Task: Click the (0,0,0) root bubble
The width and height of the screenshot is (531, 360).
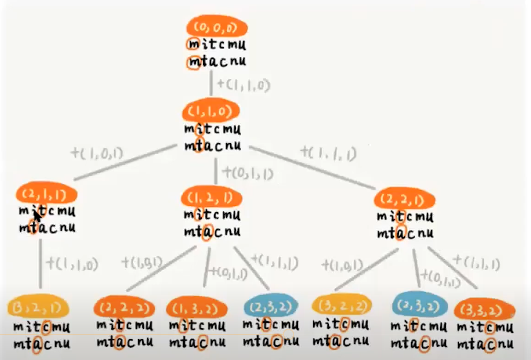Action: (216, 28)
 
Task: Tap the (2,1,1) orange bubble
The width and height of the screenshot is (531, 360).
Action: (46, 195)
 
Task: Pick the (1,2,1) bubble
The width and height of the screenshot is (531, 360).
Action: (211, 198)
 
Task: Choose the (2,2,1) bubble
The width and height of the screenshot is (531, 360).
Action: (404, 199)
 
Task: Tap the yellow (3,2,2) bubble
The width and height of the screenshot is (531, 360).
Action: (341, 306)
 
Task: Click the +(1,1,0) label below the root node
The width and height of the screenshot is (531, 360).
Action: (243, 85)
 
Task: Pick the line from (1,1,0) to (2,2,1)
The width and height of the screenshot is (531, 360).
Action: (313, 168)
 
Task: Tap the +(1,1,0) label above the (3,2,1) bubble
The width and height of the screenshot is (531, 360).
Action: (72, 264)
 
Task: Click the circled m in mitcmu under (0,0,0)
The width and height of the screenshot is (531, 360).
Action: (193, 45)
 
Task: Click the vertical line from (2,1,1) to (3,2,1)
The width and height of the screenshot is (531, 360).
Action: (41, 262)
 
